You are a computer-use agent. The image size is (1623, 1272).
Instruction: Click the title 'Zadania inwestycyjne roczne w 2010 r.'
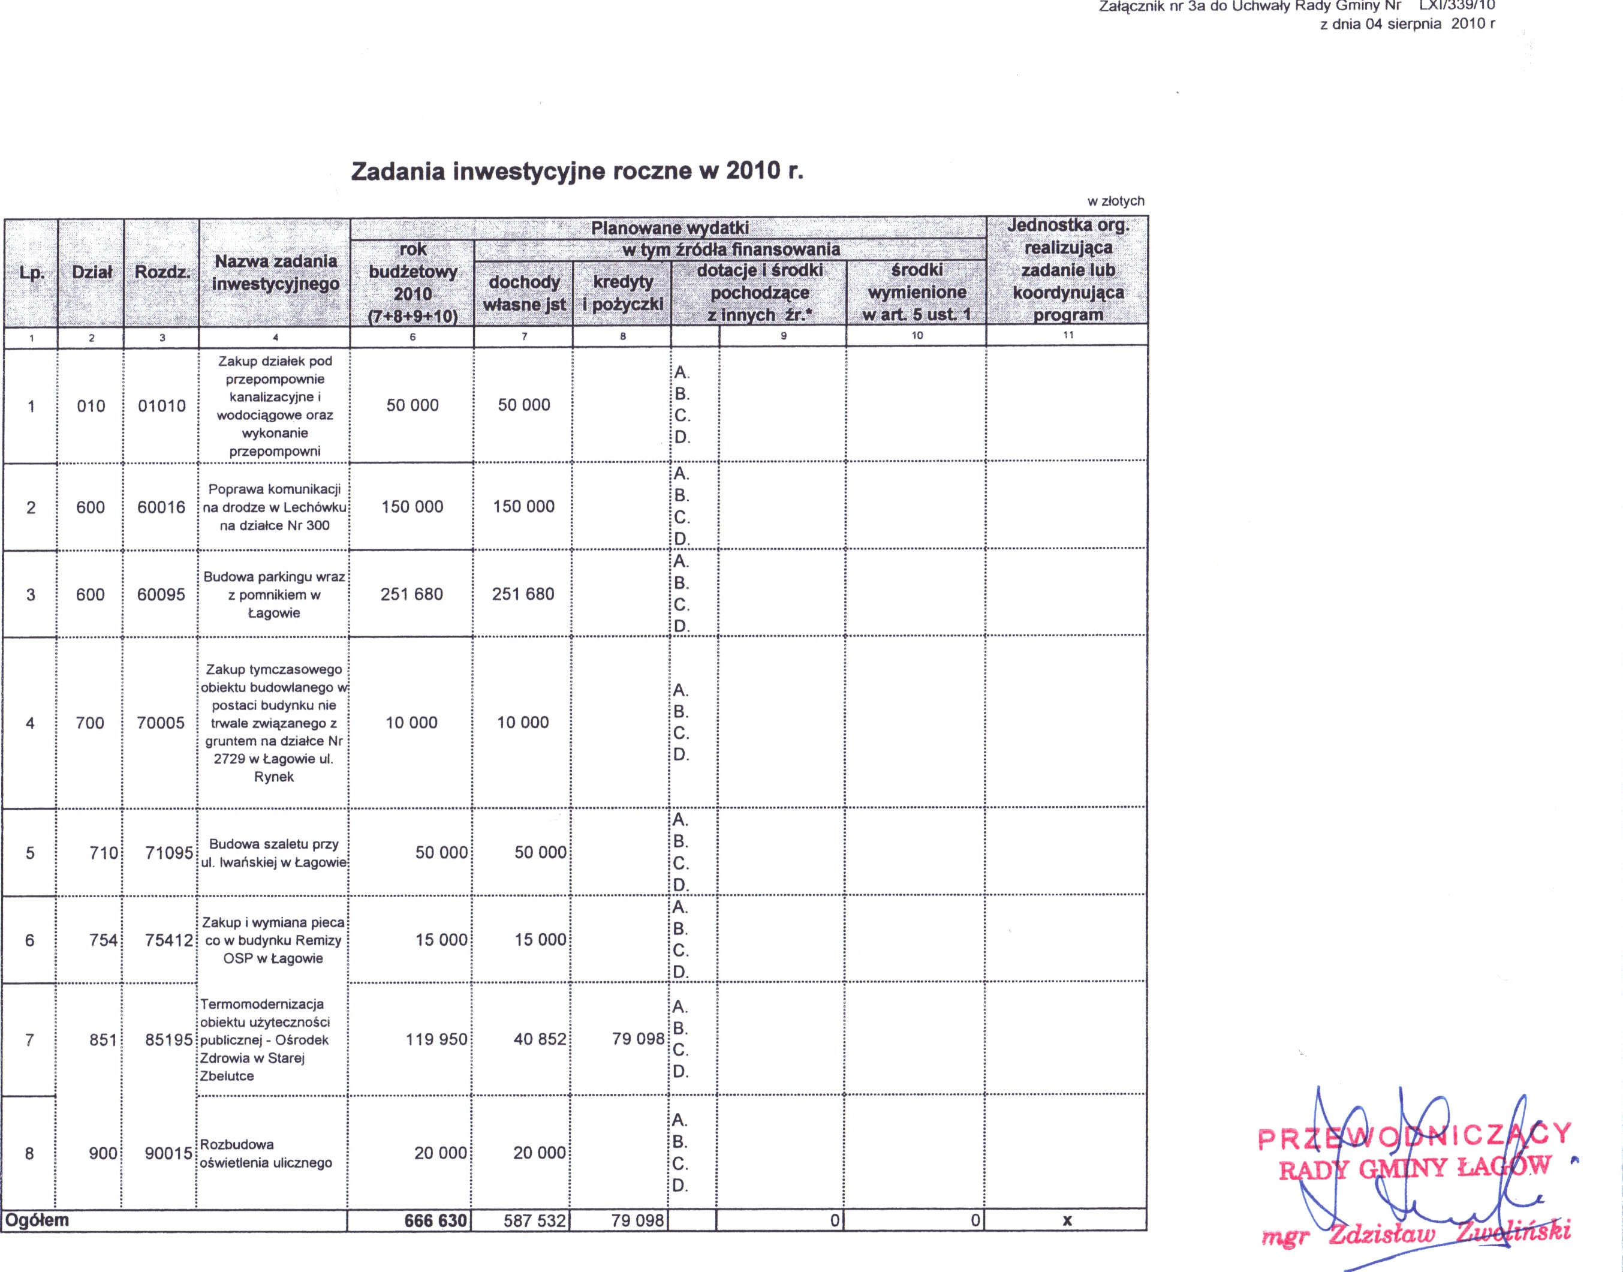(577, 172)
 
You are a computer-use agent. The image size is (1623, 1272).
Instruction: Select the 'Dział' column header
(92, 272)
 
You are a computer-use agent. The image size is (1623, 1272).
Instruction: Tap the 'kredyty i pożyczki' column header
(622, 293)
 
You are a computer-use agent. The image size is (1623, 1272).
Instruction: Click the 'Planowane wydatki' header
(669, 228)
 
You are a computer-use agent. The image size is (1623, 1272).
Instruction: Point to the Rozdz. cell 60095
(161, 594)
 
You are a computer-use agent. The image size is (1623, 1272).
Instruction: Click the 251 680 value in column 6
(412, 594)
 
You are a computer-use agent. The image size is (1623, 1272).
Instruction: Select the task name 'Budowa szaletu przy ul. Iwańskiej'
(273, 853)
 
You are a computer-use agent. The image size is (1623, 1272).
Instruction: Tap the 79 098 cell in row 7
(638, 1039)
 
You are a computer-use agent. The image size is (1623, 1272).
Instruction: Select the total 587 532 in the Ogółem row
(535, 1220)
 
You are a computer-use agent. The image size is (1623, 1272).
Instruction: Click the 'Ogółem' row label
(37, 1220)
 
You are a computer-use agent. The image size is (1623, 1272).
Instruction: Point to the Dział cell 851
(104, 1040)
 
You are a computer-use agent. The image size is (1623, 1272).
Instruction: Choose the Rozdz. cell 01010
(161, 406)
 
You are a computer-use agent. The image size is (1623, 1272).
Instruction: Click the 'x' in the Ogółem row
(1067, 1220)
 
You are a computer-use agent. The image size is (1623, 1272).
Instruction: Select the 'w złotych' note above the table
(1115, 201)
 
